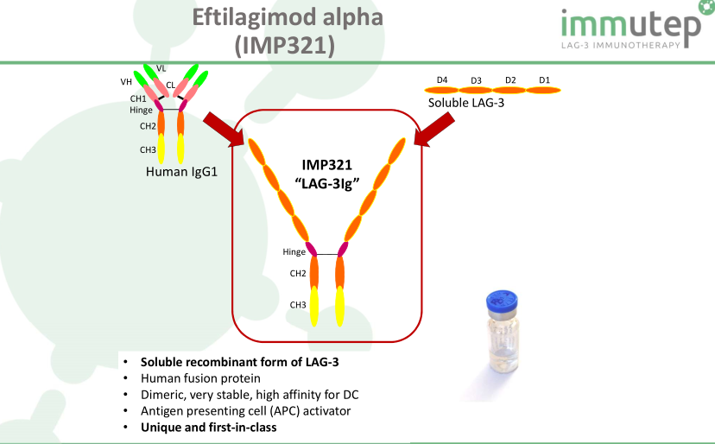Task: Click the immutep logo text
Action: [x=630, y=23]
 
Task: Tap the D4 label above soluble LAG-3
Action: [x=442, y=80]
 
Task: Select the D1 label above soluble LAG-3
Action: [x=545, y=80]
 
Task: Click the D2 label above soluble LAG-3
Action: [x=510, y=80]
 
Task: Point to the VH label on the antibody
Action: [x=126, y=82]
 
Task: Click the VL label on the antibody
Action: [x=161, y=68]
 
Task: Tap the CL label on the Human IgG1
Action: [x=170, y=86]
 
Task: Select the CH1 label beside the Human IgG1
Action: [x=138, y=98]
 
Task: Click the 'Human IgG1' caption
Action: [x=181, y=172]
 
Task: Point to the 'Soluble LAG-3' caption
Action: [x=466, y=103]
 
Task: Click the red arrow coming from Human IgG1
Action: [x=224, y=129]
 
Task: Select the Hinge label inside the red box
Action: [x=294, y=252]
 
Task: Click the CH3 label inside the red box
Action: [x=298, y=305]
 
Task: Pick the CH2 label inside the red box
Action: [x=298, y=273]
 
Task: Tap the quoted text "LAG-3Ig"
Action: [x=327, y=183]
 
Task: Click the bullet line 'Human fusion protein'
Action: [x=200, y=378]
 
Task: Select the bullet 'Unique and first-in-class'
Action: [x=208, y=428]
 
